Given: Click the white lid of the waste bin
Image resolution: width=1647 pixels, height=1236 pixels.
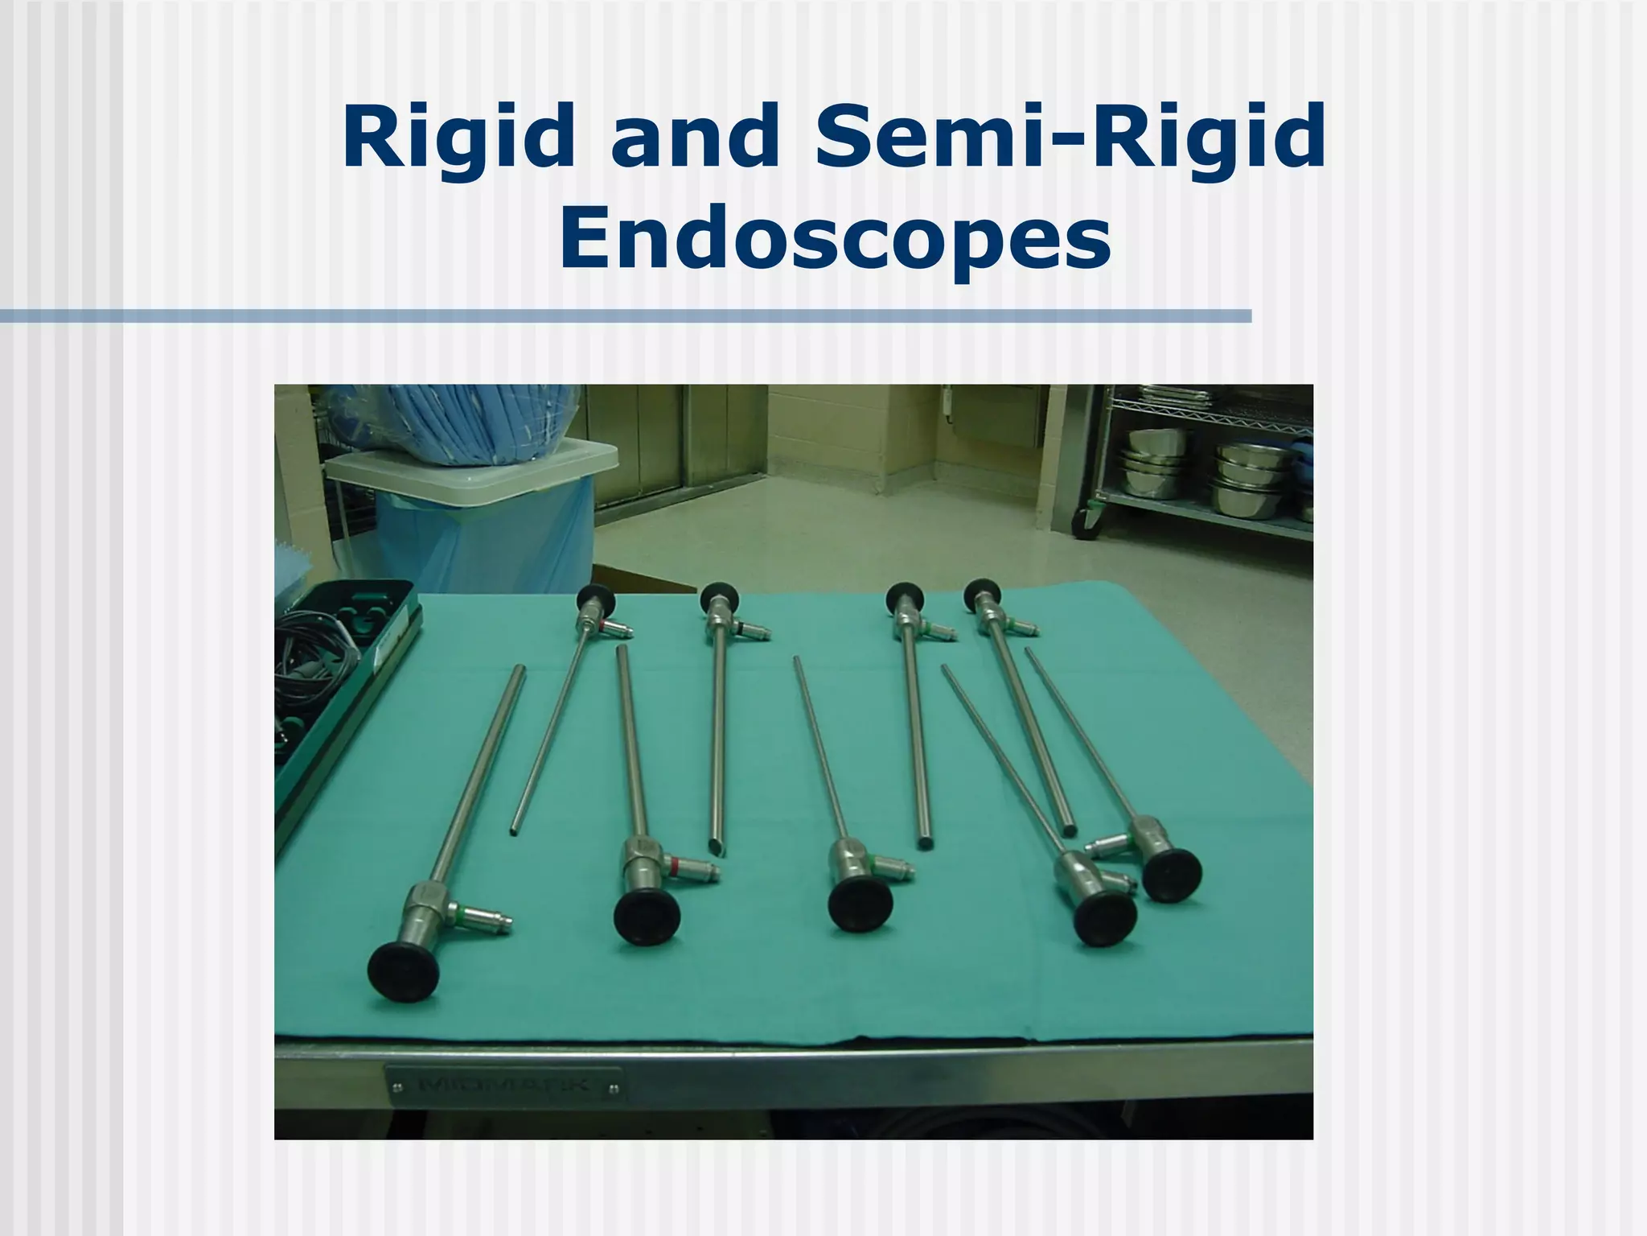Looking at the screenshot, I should tap(470, 468).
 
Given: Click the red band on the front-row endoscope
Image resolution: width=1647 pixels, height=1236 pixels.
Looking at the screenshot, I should tap(674, 866).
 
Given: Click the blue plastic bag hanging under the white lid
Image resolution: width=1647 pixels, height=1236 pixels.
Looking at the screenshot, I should tap(483, 539).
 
